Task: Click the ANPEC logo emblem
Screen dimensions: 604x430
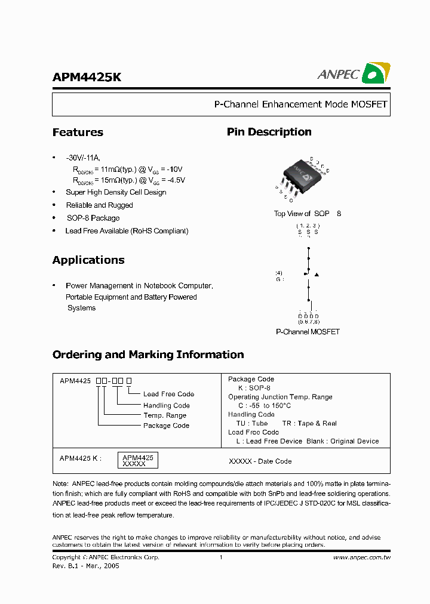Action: pos(377,73)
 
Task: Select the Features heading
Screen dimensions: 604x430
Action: pos(78,132)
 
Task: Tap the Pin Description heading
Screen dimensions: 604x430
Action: pos(269,132)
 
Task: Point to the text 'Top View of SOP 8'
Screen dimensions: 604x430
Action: pos(307,214)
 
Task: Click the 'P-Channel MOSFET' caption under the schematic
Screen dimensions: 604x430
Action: pos(307,332)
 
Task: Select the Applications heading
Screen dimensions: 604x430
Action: pos(88,260)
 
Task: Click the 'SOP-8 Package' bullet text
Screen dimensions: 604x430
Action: pos(93,218)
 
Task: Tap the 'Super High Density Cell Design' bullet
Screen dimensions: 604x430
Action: pos(116,192)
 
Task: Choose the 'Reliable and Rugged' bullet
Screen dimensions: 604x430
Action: pos(99,205)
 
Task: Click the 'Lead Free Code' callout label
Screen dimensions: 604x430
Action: pos(168,394)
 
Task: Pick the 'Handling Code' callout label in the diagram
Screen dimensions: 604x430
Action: pos(166,405)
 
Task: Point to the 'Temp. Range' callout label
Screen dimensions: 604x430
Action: pos(164,415)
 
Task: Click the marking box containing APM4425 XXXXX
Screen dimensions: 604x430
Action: pos(137,460)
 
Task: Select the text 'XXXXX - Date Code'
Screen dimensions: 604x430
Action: pos(260,461)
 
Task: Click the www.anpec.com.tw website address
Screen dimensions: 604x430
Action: pos(361,557)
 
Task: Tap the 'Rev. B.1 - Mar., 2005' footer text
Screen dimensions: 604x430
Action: pos(85,566)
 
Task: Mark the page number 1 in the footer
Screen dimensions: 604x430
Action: pos(220,557)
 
